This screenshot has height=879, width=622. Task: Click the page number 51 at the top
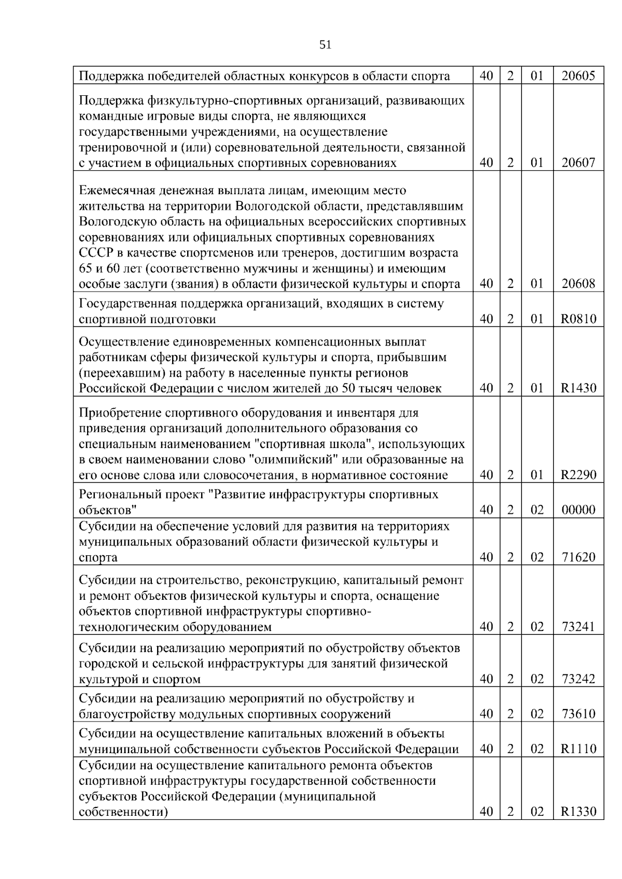click(325, 45)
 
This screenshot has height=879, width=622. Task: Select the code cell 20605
click(578, 76)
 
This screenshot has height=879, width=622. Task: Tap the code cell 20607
click(578, 163)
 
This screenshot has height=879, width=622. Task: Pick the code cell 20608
click(578, 284)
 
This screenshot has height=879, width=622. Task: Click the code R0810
click(578, 319)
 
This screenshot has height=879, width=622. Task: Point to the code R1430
click(578, 388)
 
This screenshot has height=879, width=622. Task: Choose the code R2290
click(578, 475)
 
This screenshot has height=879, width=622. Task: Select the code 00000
click(578, 510)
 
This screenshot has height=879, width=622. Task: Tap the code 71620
click(578, 557)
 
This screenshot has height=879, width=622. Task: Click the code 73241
click(578, 627)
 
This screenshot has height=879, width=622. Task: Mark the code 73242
click(578, 679)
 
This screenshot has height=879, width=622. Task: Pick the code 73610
click(578, 714)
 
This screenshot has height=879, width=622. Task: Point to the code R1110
click(578, 749)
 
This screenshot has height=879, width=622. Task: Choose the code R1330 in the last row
click(578, 812)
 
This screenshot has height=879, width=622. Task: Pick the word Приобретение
click(120, 413)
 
